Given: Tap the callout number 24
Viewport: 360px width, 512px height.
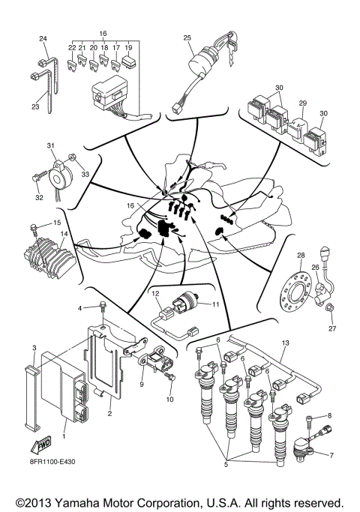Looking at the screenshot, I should click(x=43, y=38).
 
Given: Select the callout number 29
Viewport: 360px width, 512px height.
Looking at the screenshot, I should click(x=303, y=103).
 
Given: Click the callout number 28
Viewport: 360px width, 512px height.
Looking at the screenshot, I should click(x=301, y=256).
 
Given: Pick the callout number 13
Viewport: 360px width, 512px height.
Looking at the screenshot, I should click(x=285, y=343).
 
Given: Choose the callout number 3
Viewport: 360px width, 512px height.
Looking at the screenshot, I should click(x=34, y=349).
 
